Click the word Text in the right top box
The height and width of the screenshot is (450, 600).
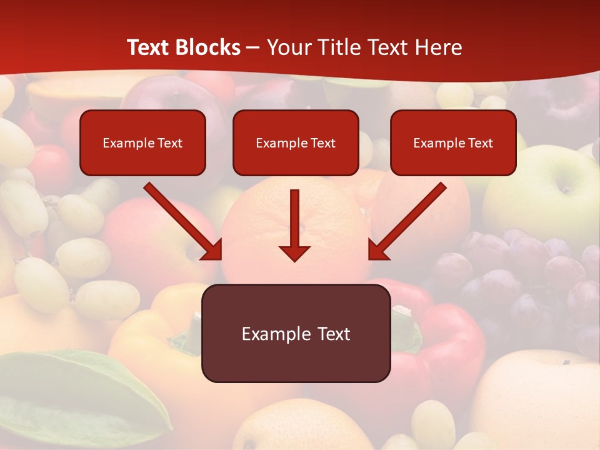(x=481, y=143)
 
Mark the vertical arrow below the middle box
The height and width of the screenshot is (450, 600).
(x=294, y=225)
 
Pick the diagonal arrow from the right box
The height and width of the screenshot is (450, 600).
(x=407, y=221)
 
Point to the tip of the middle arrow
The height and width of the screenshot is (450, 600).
(x=294, y=259)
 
